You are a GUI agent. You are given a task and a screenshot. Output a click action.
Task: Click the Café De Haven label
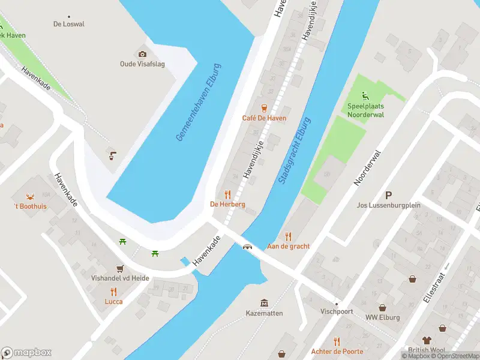pyautogui.click(x=264, y=118)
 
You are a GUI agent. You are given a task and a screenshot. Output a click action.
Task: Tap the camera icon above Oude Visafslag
pyautogui.click(x=142, y=54)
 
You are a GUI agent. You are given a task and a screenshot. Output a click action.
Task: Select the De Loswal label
pyautogui.click(x=69, y=25)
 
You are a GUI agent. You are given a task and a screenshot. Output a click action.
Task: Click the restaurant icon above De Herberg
pyautogui.click(x=227, y=194)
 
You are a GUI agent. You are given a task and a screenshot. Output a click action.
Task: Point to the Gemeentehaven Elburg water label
pyautogui.click(x=199, y=103)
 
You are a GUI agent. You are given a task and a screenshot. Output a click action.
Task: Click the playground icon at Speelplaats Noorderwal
pyautogui.click(x=365, y=95)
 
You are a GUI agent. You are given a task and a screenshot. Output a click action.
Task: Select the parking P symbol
pyautogui.click(x=388, y=195)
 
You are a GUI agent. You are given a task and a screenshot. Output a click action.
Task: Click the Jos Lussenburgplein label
pyautogui.click(x=388, y=205)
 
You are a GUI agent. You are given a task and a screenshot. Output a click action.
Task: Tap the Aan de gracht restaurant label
pyautogui.click(x=288, y=246)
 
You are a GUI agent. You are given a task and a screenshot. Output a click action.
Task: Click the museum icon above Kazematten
pyautogui.click(x=263, y=303)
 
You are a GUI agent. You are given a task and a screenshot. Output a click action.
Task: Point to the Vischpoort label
pyautogui.click(x=336, y=312)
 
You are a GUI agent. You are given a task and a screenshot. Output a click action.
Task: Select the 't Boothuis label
pyautogui.click(x=31, y=206)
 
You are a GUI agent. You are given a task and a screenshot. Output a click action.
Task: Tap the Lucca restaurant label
pyautogui.click(x=113, y=301)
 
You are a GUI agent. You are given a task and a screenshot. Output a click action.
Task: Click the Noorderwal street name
pyautogui.click(x=368, y=167)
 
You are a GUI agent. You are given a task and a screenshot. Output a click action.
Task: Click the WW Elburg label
pyautogui.click(x=382, y=317)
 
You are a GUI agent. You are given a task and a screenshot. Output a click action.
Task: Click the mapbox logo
pyautogui.click(x=27, y=352)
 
